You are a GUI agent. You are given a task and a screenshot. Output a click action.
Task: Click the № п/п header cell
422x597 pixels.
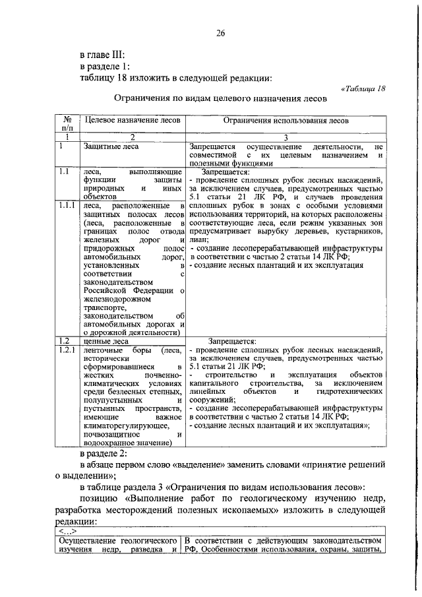click(x=67, y=124)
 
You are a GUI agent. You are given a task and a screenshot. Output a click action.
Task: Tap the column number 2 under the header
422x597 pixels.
click(x=132, y=137)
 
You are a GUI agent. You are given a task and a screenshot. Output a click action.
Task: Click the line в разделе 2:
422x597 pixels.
click(x=107, y=453)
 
